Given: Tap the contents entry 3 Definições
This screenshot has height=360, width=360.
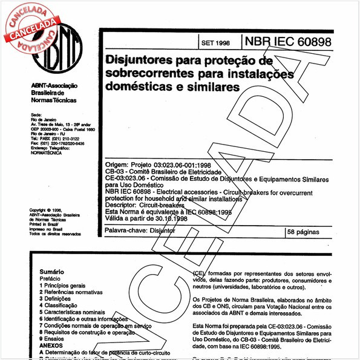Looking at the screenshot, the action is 61,299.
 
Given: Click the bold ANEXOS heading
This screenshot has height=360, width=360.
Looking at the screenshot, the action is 51,347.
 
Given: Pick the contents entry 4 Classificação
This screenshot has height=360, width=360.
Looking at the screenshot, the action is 64,306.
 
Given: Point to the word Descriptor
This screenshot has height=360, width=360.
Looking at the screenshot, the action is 123,205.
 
